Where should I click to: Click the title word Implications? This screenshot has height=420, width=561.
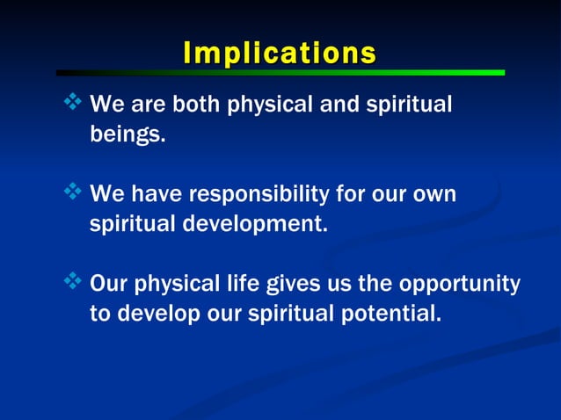point(280,52)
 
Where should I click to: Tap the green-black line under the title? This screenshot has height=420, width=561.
point(280,73)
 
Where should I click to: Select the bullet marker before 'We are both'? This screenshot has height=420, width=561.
point(73,105)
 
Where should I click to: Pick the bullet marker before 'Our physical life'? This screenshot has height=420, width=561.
point(73,282)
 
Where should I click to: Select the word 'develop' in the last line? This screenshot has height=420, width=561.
point(156,315)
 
